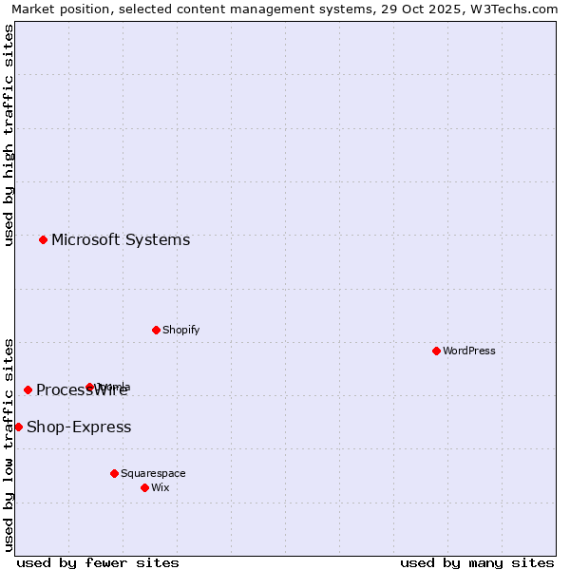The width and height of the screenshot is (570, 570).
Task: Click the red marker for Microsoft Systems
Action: (x=43, y=239)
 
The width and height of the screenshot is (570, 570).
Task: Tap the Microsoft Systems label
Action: (x=121, y=240)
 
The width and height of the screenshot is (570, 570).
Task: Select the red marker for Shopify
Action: (x=156, y=330)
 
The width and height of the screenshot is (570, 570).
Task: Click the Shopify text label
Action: (x=180, y=331)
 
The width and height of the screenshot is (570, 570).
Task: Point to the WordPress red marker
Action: (x=436, y=351)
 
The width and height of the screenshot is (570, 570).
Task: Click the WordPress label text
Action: (x=468, y=351)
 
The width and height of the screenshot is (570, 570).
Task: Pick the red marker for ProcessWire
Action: (x=28, y=389)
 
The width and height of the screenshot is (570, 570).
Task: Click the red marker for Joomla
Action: (x=89, y=387)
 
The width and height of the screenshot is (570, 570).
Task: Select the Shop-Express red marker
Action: (x=18, y=427)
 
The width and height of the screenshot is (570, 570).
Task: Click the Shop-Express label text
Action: (x=79, y=427)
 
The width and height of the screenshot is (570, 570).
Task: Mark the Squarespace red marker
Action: (x=114, y=473)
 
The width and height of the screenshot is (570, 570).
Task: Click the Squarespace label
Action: (x=153, y=474)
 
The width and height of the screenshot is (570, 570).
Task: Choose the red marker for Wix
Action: (x=144, y=487)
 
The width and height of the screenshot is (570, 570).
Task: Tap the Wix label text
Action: (x=161, y=488)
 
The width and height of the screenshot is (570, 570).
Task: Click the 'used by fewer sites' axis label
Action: (x=98, y=562)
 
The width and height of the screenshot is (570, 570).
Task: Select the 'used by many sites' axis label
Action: (x=477, y=562)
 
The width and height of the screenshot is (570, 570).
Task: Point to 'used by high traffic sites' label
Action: (x=9, y=135)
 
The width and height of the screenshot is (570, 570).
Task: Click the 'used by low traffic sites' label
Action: (x=9, y=445)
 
